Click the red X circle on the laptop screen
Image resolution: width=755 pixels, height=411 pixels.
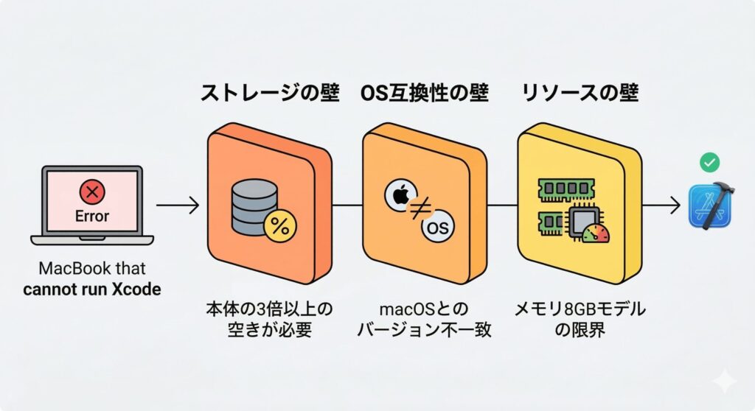click(x=92, y=194)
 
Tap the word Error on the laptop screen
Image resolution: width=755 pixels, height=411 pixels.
click(x=92, y=216)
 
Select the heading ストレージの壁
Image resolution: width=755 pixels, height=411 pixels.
click(x=270, y=93)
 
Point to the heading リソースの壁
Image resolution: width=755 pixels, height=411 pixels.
click(x=580, y=93)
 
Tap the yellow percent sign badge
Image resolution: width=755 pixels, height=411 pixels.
click(x=280, y=226)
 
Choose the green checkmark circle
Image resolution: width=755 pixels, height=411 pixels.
click(x=710, y=162)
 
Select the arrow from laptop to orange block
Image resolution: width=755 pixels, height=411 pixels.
click(x=178, y=205)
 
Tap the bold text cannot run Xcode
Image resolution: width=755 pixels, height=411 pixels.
click(x=91, y=289)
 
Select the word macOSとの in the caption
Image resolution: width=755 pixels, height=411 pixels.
click(x=424, y=309)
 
